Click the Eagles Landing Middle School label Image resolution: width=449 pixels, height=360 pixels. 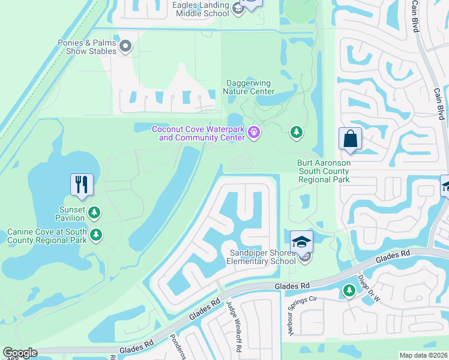point(200,9)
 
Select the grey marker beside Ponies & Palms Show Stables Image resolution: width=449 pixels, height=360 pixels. point(125,46)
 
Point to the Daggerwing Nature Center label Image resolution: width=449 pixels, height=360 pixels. point(249,88)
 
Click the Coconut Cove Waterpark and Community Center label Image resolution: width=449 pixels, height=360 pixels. point(198,133)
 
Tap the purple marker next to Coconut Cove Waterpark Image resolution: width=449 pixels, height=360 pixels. point(254,133)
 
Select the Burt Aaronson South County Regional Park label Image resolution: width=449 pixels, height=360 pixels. point(324,171)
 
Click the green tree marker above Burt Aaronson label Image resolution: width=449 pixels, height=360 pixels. point(296,131)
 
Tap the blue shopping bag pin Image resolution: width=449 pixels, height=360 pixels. point(351,140)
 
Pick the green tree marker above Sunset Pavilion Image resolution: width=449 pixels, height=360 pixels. point(94,212)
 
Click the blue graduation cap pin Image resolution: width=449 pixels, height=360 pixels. point(302,242)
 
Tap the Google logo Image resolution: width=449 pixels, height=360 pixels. point(20,353)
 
